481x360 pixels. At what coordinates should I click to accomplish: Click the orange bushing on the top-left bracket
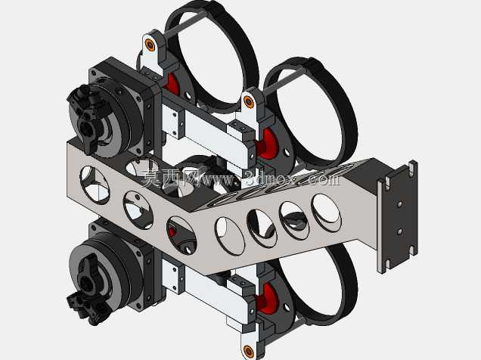point(150,45)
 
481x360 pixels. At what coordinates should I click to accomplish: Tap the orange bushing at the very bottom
point(248,350)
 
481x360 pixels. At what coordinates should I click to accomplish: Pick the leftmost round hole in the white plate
point(95,185)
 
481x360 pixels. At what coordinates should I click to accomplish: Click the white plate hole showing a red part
point(181,235)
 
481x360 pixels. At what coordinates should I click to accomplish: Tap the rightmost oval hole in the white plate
point(326,213)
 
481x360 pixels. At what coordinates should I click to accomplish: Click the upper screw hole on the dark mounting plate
point(399,204)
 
